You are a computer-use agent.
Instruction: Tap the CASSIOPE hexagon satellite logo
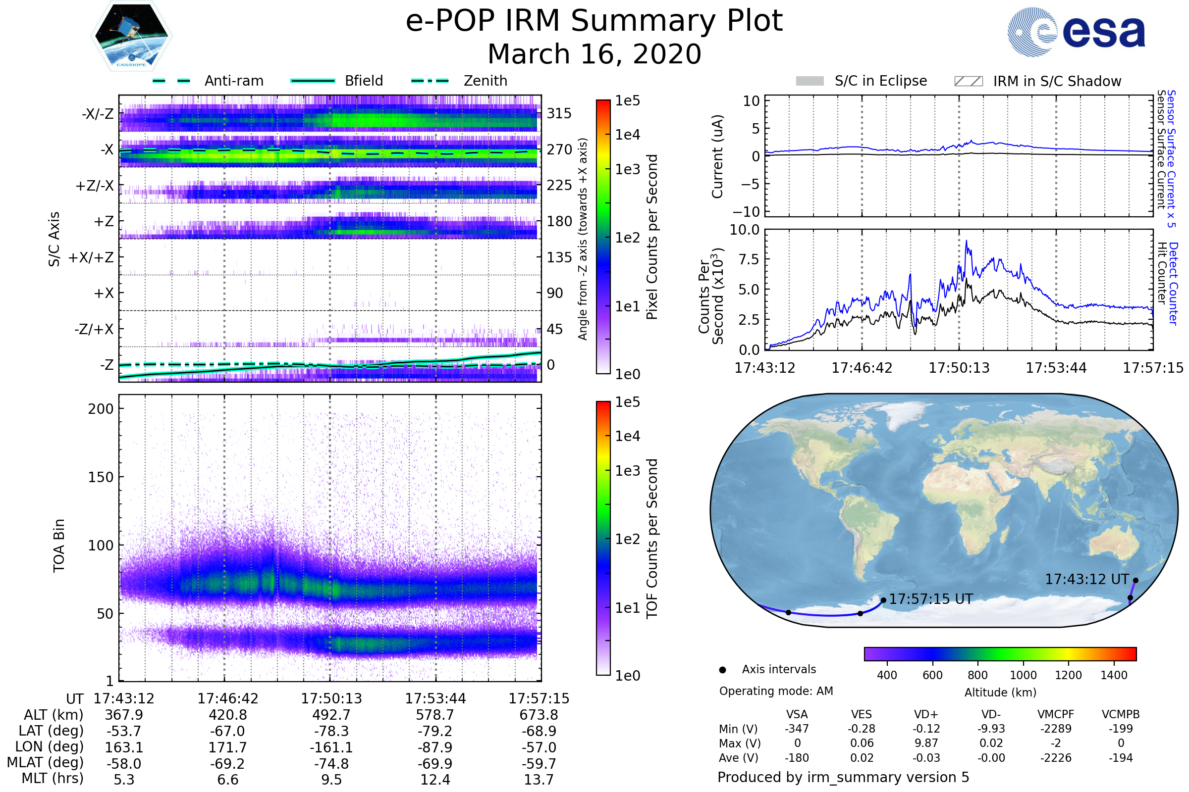[x=131, y=36]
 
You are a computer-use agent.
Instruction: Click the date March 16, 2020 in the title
[x=594, y=54]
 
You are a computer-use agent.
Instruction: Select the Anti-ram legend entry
[x=208, y=81]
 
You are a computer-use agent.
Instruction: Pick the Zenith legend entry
[x=459, y=81]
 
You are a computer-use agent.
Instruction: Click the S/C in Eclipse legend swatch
[x=810, y=81]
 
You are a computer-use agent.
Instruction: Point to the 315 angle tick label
[x=559, y=113]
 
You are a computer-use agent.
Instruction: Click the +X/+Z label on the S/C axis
[x=91, y=257]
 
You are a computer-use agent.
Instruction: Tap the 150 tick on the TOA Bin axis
[x=101, y=477]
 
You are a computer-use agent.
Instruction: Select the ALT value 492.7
[x=331, y=715]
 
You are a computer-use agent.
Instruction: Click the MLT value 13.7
[x=539, y=779]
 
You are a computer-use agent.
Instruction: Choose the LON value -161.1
[x=331, y=747]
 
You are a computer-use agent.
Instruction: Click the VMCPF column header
[x=1056, y=714]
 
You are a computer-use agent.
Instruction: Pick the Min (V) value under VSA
[x=797, y=729]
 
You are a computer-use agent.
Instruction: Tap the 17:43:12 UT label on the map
[x=1087, y=579]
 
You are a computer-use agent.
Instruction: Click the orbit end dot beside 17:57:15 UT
[x=883, y=600]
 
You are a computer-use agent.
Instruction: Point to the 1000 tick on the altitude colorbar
[x=1023, y=675]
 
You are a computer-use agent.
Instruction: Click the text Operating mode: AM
[x=776, y=691]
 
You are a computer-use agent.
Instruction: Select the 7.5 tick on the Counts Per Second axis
[x=749, y=259]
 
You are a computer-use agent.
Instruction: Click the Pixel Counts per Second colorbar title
[x=652, y=237]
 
